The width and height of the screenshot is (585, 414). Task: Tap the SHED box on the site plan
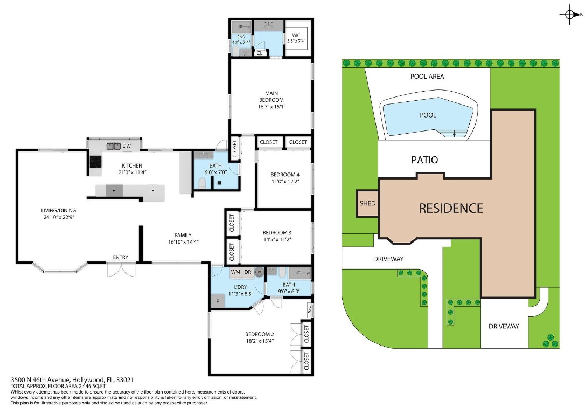tap(367, 203)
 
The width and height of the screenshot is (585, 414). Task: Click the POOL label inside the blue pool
tap(428, 115)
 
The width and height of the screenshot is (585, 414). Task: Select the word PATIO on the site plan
tap(424, 160)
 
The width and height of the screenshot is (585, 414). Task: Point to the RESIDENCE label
tap(451, 208)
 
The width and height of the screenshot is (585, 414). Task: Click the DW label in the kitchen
tap(127, 146)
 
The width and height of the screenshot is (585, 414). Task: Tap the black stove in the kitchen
tap(95, 162)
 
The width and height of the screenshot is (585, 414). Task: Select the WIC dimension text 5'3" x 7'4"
tap(295, 41)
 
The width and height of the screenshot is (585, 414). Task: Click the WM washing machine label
tap(235, 272)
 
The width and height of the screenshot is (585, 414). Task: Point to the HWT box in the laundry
tap(259, 272)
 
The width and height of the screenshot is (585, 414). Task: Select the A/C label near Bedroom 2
tap(309, 310)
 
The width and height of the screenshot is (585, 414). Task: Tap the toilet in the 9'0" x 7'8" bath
tap(202, 184)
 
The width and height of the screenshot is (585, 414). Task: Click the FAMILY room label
tap(183, 235)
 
